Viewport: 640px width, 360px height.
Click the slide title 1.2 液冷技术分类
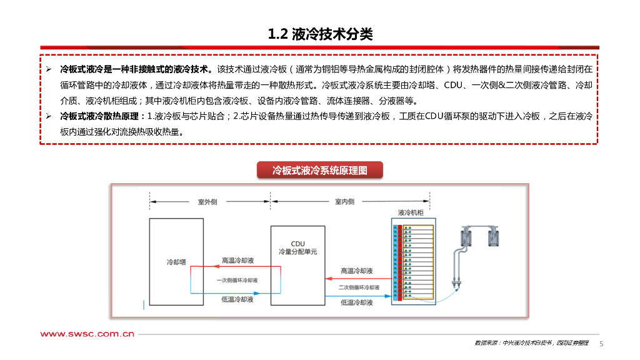pos(319,34)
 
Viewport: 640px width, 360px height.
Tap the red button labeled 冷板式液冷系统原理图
pos(319,170)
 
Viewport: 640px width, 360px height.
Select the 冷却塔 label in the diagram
pos(176,262)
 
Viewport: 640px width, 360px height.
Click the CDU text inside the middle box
pos(297,243)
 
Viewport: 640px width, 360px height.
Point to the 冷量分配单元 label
pos(297,252)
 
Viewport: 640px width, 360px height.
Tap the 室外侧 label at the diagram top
pos(207,202)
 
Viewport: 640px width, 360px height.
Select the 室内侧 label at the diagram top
pos(344,202)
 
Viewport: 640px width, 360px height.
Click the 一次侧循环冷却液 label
pos(237,279)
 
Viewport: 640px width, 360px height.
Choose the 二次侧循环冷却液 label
pos(359,287)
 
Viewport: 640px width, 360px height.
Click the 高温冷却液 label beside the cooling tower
pos(237,260)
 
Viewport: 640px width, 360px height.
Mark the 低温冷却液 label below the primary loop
pos(237,300)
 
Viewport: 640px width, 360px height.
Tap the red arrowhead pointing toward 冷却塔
pos(194,266)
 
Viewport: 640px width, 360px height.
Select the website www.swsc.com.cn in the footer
pos(88,334)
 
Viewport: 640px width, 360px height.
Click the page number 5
pos(602,344)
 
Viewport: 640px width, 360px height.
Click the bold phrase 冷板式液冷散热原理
pos(102,116)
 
